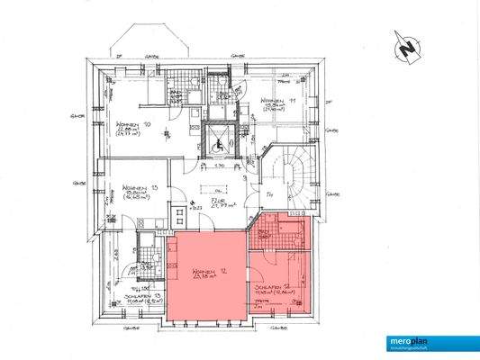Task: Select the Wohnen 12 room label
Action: (x=205, y=272)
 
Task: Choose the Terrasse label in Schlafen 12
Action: (x=261, y=304)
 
